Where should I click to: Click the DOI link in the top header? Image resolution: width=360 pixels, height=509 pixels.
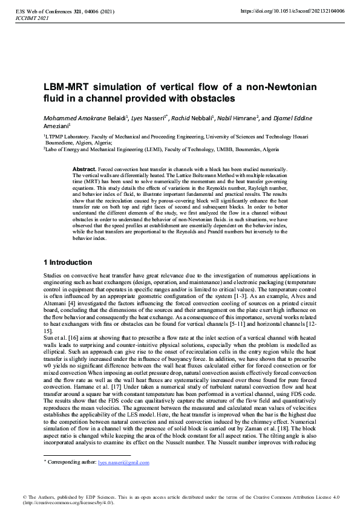pyautogui.click(x=293, y=11)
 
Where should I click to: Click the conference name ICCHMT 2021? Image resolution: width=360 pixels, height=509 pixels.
pyautogui.click(x=28, y=18)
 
